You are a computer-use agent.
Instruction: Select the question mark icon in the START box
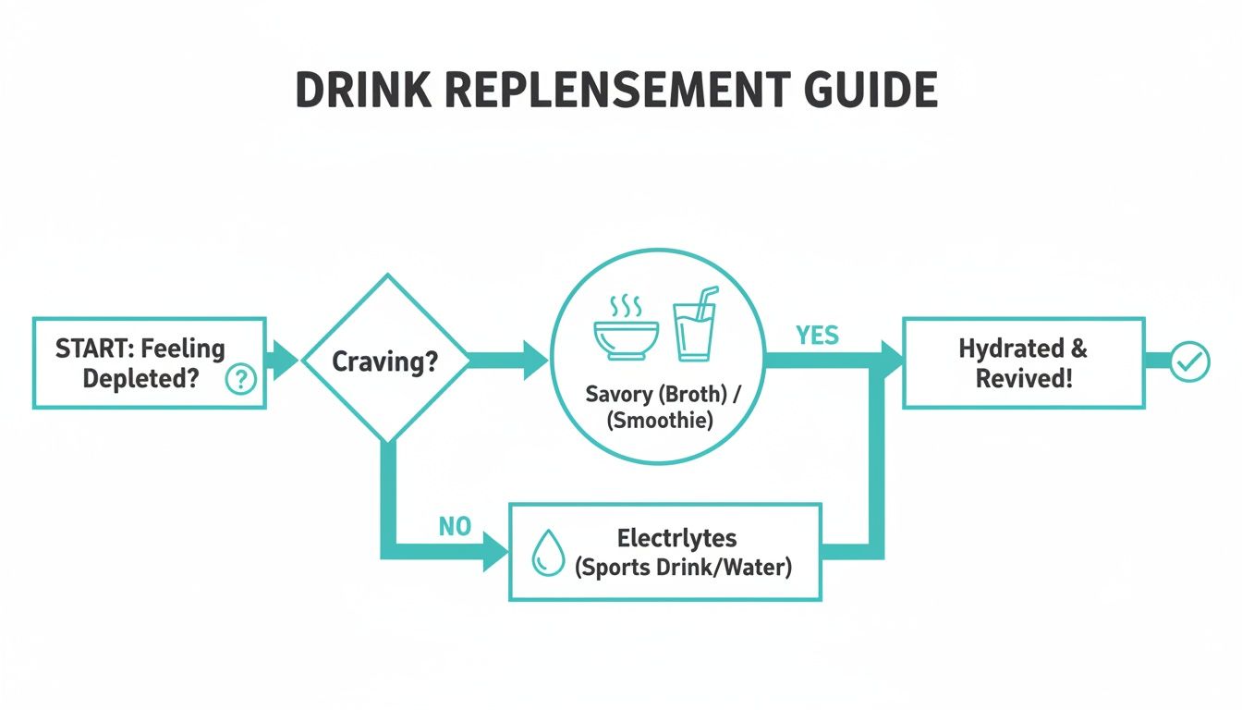pos(240,378)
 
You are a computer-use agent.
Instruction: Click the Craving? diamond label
pos(384,361)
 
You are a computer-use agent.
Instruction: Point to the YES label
pos(817,336)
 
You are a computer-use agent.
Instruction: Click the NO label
pos(455,527)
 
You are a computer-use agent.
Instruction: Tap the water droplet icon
pos(548,554)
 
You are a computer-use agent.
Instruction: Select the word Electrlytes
pos(676,538)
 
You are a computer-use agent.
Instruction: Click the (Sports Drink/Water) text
pos(683,567)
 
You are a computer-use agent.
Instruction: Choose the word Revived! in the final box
pos(1024,377)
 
